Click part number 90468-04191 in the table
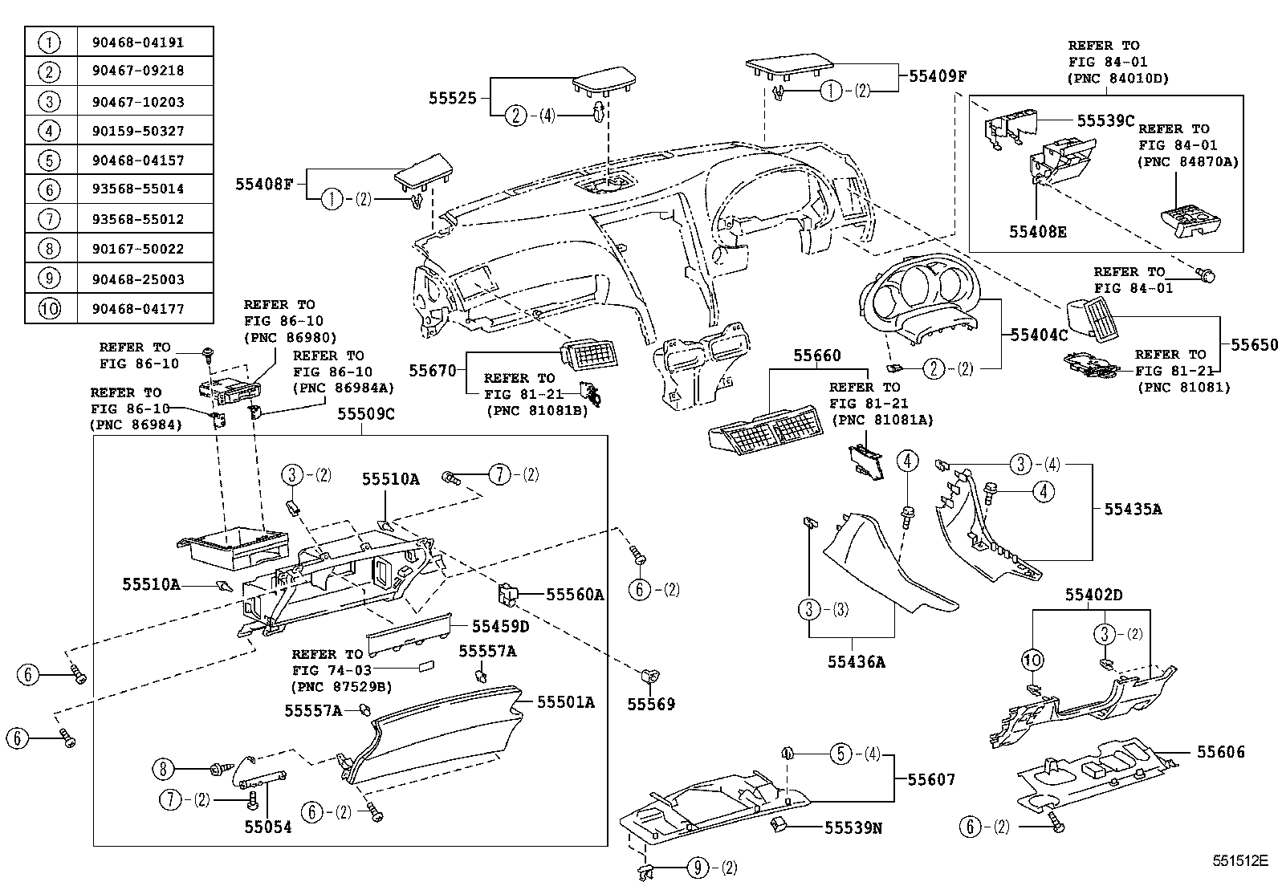point(144,41)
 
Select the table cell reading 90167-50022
point(144,249)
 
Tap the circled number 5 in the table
point(50,160)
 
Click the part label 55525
point(452,99)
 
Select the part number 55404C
point(1039,335)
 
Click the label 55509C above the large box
point(365,415)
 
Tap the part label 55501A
point(565,702)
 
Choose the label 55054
point(268,827)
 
